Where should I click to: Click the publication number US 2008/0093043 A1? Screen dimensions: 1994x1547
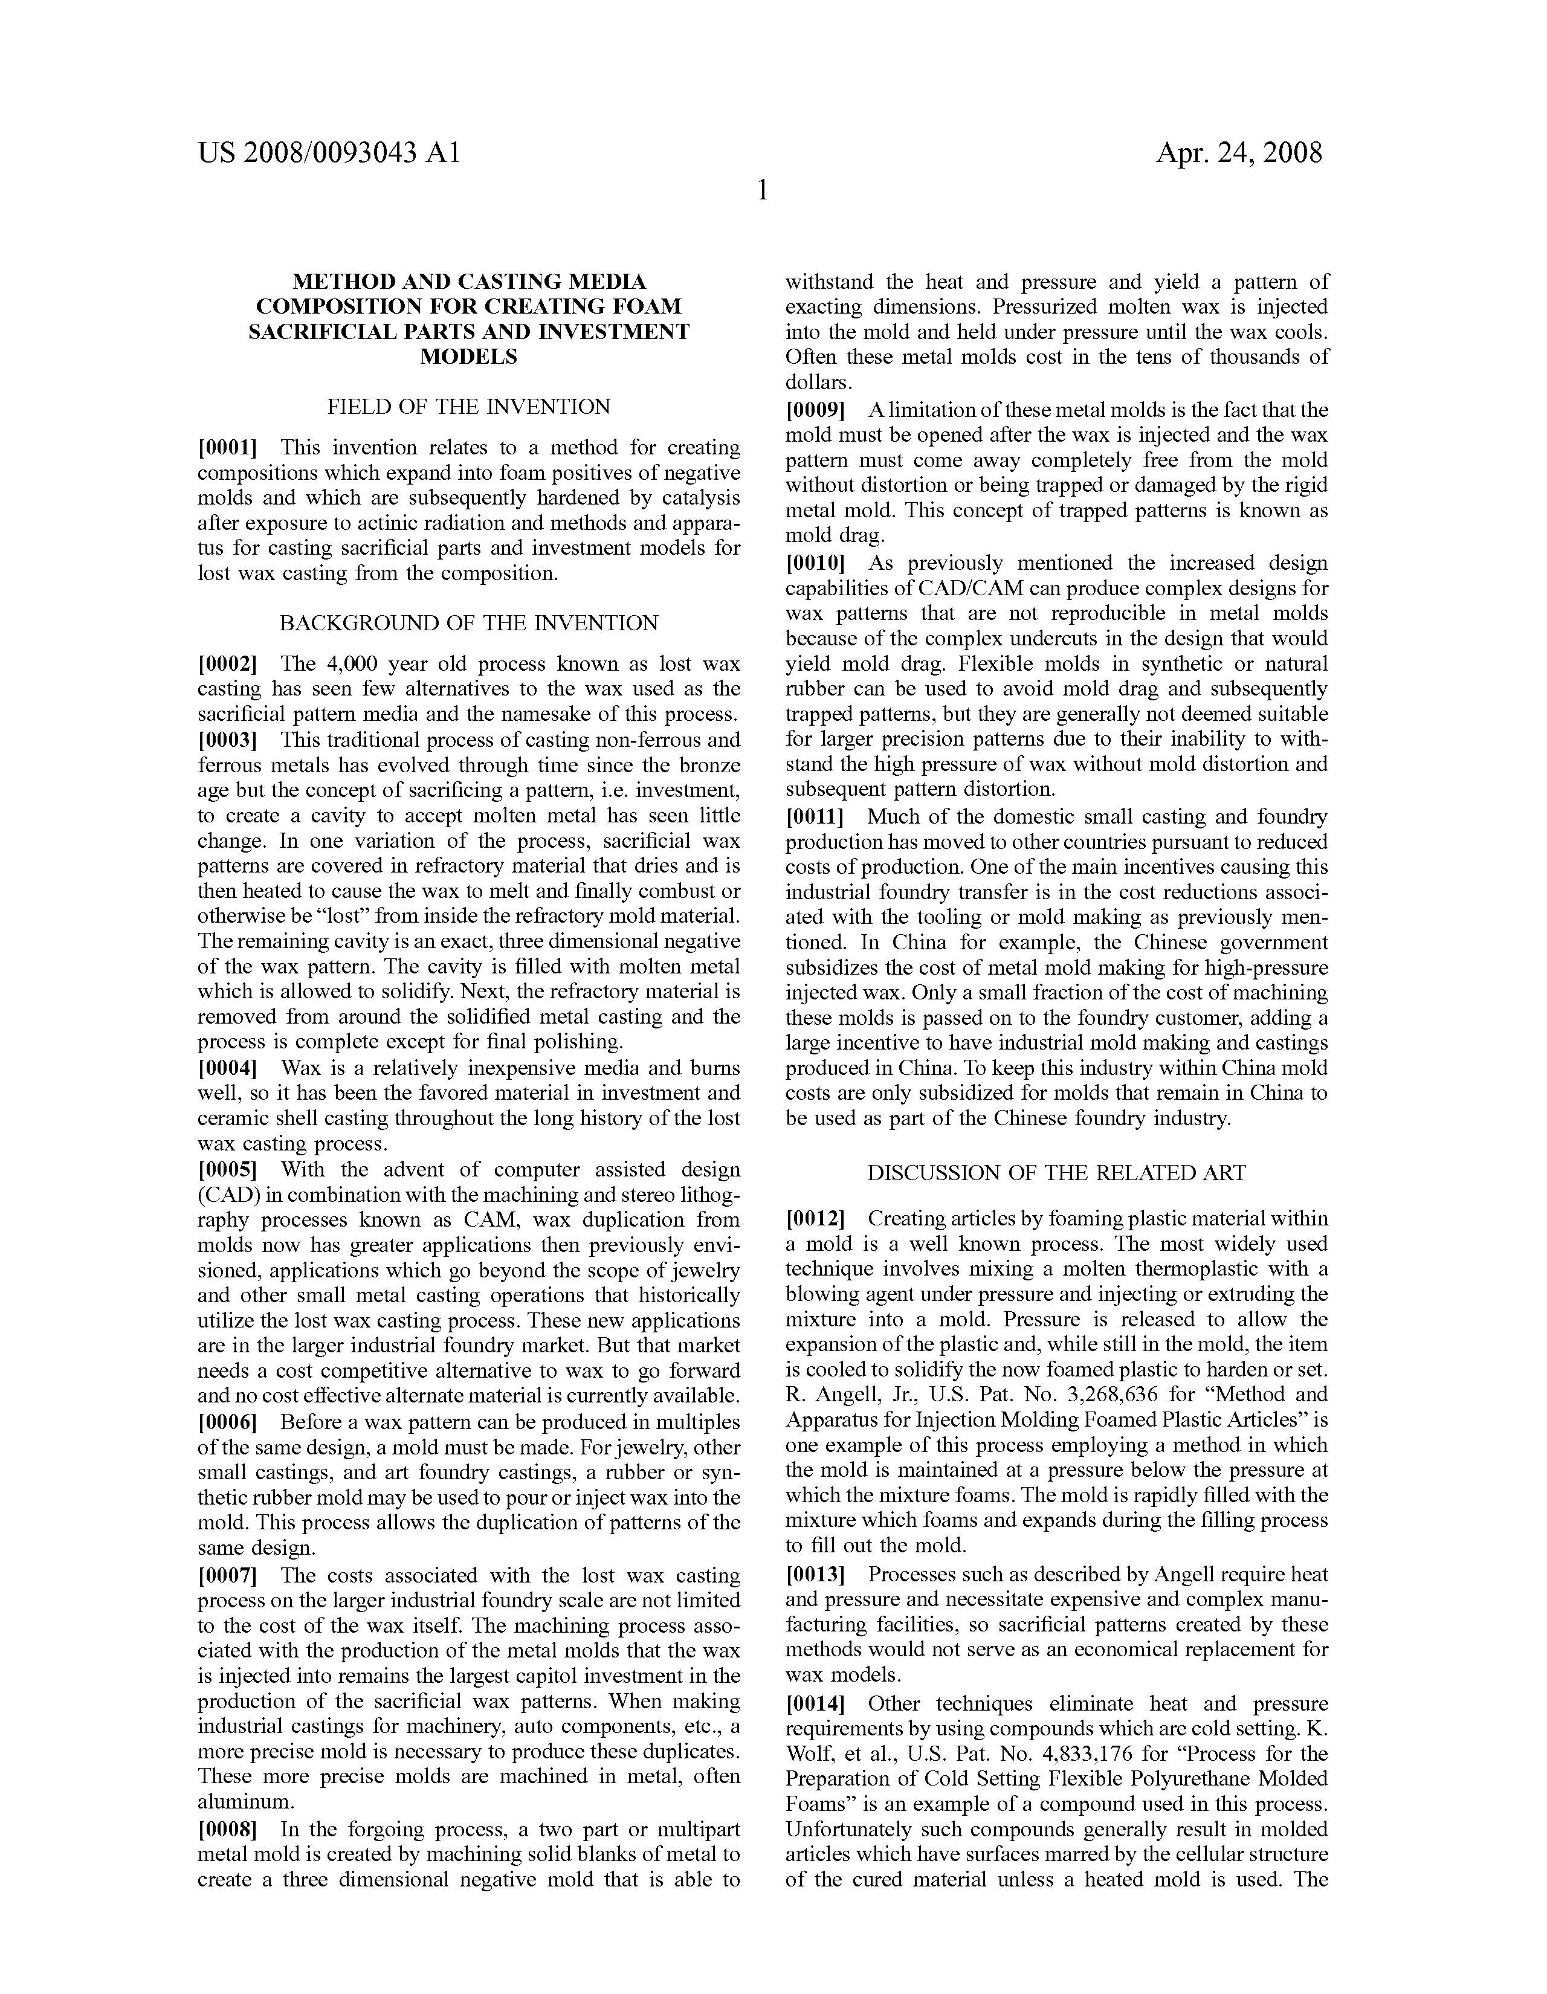click(x=328, y=152)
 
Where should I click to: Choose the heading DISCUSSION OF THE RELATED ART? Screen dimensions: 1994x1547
click(x=1056, y=1173)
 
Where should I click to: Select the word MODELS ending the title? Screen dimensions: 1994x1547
click(x=468, y=357)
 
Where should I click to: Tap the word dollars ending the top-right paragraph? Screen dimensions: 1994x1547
click(x=816, y=382)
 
